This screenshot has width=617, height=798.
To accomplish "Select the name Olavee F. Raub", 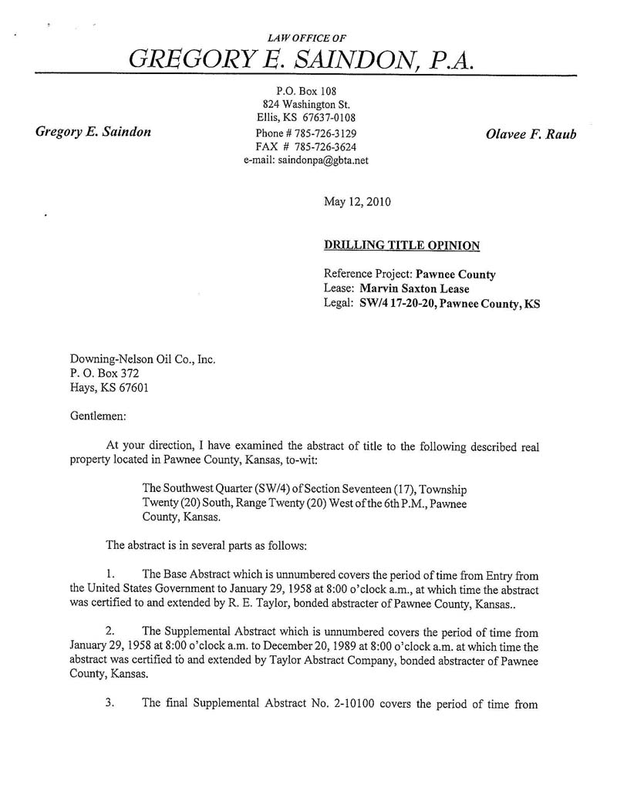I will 531,133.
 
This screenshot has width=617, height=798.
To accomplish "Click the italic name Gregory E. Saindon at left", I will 93,132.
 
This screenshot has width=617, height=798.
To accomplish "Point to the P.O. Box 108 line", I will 306,90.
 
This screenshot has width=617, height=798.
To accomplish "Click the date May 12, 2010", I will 357,203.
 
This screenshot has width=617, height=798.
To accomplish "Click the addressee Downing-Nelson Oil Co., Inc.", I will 143,359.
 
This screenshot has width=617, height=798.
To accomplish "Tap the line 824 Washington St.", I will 306,104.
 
